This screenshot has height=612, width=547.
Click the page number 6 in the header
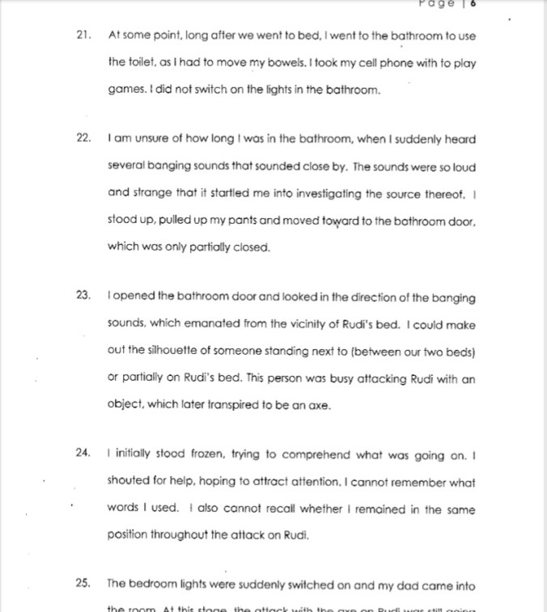pyautogui.click(x=472, y=3)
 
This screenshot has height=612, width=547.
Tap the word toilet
pyautogui.click(x=146, y=61)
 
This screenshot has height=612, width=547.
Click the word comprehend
pyautogui.click(x=323, y=453)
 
